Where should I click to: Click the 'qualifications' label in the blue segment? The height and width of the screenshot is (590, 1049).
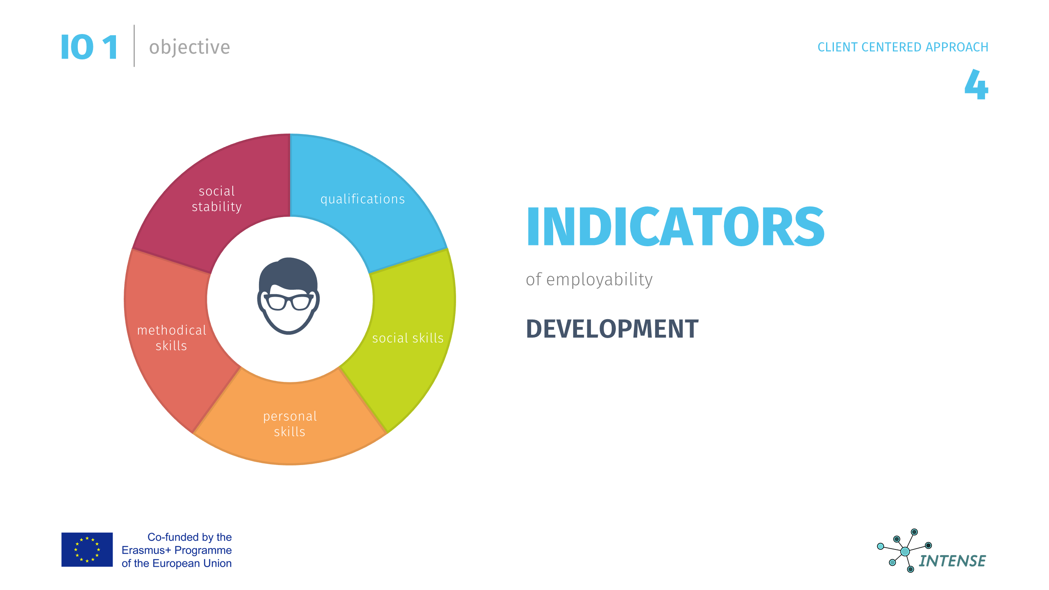click(363, 199)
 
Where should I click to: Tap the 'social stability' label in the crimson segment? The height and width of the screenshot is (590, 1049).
click(217, 199)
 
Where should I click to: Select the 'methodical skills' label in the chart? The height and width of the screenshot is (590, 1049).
click(172, 338)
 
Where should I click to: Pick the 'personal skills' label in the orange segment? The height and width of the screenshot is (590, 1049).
click(290, 424)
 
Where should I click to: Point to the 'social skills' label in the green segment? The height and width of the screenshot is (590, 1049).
click(408, 338)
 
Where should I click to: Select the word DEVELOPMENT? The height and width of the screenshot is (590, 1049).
click(612, 329)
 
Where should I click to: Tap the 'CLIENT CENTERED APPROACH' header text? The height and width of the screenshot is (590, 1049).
click(903, 47)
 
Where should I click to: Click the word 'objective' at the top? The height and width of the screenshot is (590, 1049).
click(189, 48)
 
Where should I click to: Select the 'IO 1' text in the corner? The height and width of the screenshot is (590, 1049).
click(89, 47)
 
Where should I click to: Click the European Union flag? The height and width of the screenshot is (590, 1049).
click(87, 549)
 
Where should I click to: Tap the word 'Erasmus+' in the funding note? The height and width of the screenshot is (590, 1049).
click(146, 550)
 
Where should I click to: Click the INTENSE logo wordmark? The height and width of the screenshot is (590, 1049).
click(952, 561)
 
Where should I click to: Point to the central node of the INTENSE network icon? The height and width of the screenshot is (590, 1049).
click(905, 551)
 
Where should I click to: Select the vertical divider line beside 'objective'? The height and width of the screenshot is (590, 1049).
click(134, 46)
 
